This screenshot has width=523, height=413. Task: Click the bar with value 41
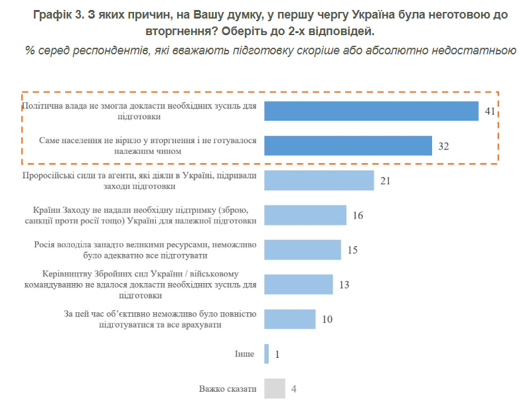point(371,111)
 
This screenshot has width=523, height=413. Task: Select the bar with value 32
point(348,145)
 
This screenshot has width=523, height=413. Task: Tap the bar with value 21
point(319,180)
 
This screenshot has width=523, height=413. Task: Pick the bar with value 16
point(305,215)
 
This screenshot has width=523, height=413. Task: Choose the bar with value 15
point(303,249)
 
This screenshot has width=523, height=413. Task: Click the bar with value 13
point(299,284)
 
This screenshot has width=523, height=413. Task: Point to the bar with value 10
point(289,319)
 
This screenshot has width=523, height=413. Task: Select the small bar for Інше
point(266,354)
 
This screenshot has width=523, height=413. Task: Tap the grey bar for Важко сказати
point(274,388)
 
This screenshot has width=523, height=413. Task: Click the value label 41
point(490,111)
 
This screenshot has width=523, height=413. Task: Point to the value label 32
point(444,146)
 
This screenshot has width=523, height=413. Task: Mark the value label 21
point(386,180)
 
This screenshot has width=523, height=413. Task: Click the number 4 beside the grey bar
point(293,388)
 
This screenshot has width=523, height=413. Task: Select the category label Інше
point(244,354)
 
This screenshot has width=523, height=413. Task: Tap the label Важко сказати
point(228,388)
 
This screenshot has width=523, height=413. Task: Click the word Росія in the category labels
point(46,244)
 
